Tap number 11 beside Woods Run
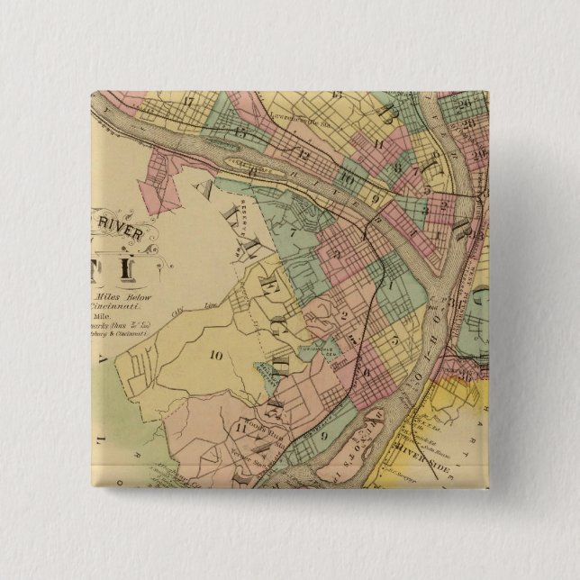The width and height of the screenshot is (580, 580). click(x=237, y=427)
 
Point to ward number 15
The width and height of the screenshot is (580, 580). click(x=240, y=132)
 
